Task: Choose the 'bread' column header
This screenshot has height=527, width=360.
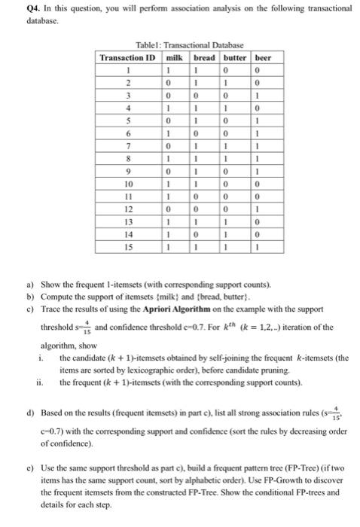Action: tap(205, 58)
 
